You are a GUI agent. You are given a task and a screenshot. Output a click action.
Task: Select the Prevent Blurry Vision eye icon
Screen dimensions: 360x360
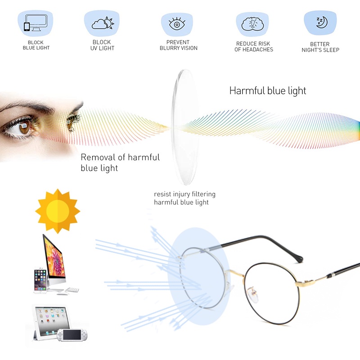pos(176,24)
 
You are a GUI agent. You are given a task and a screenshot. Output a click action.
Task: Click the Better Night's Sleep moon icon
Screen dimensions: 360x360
pos(320,23)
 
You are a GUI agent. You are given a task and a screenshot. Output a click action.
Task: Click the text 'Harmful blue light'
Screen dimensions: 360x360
pos(267,90)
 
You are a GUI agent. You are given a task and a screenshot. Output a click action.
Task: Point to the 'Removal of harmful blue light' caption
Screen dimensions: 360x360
pos(120,162)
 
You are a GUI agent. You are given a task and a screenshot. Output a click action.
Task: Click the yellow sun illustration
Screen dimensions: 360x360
pos(58,211)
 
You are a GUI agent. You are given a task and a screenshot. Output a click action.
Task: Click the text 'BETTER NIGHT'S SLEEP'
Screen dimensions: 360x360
pos(320,47)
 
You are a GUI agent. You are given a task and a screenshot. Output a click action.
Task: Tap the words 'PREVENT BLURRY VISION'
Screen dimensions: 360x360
pos(178,45)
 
